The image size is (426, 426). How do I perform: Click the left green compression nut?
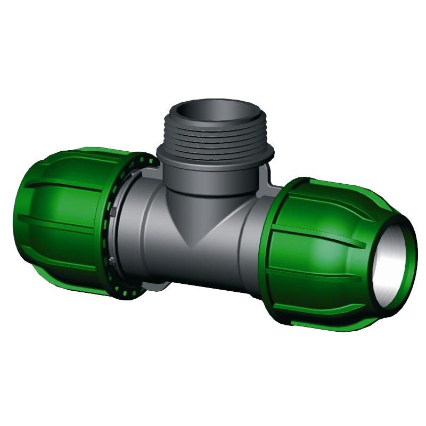tap(64, 213)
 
